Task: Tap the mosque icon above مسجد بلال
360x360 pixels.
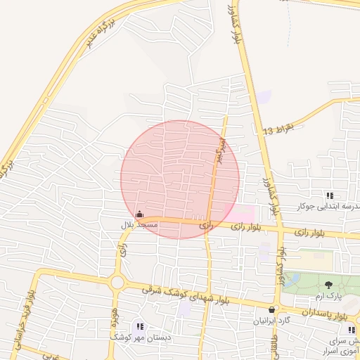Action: pos(139,214)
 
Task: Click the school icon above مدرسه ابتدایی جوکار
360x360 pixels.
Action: pos(329,195)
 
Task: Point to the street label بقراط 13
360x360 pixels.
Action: pos(276,131)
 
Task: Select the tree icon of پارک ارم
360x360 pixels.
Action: pos(328,285)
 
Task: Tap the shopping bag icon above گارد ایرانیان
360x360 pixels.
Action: pos(272,309)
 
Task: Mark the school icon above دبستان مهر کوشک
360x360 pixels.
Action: pos(139,326)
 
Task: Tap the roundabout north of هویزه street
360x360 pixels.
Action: pos(117,283)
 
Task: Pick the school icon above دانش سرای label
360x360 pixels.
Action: pos(350,329)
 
